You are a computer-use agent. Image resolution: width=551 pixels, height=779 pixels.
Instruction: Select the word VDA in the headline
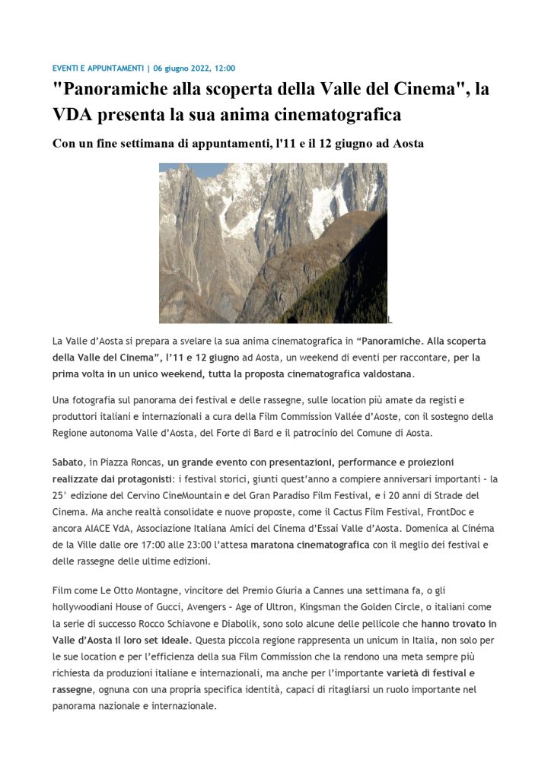coord(76,116)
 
